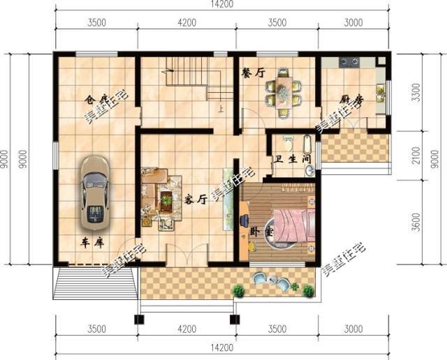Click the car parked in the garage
click(x=94, y=193)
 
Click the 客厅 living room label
click(x=196, y=197)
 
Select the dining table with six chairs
click(x=283, y=91)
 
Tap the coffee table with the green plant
click(x=166, y=200)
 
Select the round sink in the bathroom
click(x=308, y=170)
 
